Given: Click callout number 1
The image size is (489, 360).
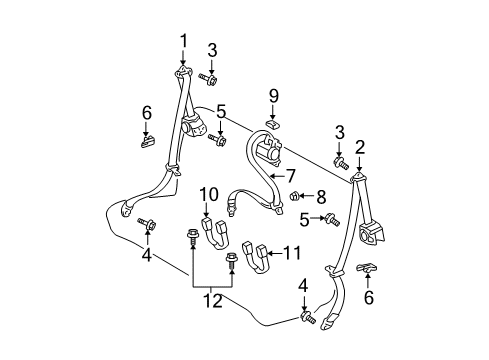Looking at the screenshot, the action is point(183,42).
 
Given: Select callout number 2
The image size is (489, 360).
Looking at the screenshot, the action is point(360,147).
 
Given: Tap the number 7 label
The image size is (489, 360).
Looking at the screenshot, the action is point(291,176).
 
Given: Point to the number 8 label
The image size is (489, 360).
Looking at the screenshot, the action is point(321,197).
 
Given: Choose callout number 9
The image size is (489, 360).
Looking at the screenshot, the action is point(274,96).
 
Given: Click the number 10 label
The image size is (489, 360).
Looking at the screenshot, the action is point(209,194).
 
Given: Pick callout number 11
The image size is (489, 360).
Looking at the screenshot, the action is point(292,253).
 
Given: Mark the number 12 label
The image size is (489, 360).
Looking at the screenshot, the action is point(213,301).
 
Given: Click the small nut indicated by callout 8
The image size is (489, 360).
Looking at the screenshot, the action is point(294,196).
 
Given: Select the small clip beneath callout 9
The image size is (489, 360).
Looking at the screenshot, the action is point(273,125).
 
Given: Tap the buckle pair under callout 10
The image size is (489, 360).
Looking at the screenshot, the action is point(215,233).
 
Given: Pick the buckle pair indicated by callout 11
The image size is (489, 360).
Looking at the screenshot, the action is point(255,257).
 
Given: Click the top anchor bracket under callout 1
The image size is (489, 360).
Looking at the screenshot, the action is point(183,72).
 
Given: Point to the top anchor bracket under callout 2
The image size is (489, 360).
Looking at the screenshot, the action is point(359,178).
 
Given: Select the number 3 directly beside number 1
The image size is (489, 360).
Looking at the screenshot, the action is point(212,50).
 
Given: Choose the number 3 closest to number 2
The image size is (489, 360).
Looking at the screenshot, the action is point(339,133).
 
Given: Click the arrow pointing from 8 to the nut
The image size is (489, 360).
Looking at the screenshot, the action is point(306,196).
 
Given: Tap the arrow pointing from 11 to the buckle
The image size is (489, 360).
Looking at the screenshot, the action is point(275,254).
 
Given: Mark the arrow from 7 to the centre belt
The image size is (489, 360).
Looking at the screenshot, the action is point(278,175).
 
